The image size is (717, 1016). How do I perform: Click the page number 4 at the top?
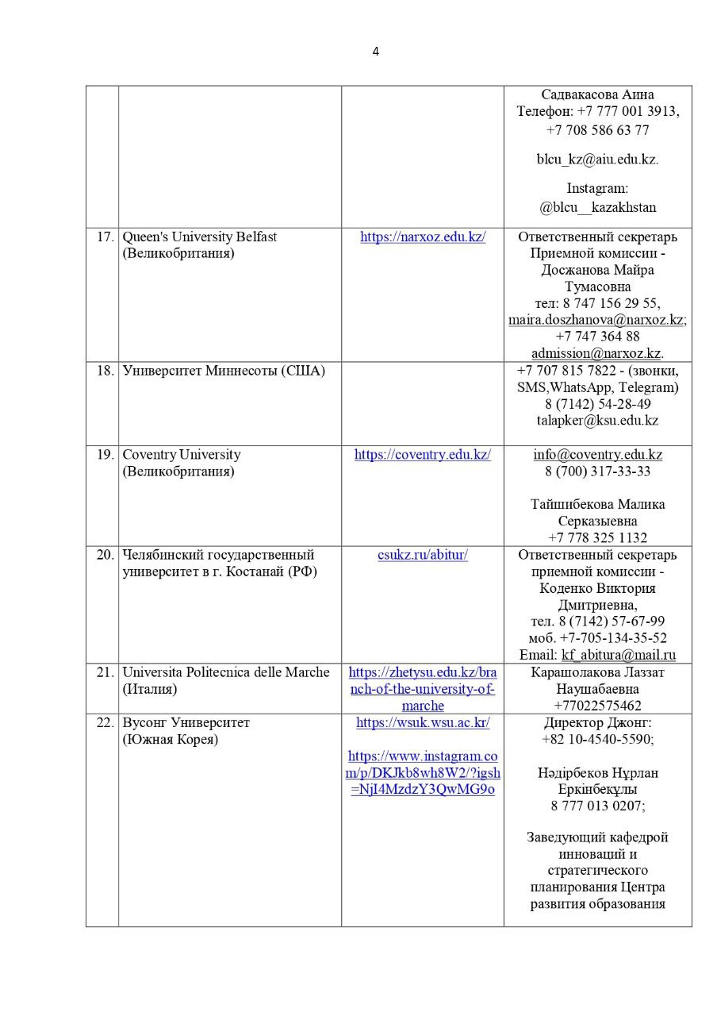(x=375, y=52)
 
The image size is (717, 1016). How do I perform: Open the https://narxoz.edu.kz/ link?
(x=423, y=237)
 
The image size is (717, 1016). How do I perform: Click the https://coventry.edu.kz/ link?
(x=423, y=455)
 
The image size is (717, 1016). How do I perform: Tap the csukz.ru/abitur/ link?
(x=423, y=555)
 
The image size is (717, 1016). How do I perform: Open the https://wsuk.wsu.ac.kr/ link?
(x=423, y=722)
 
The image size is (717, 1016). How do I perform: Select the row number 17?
(x=105, y=237)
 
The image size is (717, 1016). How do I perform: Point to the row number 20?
(x=105, y=555)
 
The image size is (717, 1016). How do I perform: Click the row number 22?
(x=105, y=722)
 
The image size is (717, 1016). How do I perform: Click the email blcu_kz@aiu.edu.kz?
(x=597, y=159)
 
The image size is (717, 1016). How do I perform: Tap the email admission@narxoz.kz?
(x=596, y=353)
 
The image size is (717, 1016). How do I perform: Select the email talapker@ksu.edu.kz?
(x=597, y=421)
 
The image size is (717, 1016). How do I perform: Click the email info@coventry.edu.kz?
(x=597, y=455)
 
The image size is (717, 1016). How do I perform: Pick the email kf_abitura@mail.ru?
(x=619, y=655)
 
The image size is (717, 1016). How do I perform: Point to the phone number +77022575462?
(x=597, y=706)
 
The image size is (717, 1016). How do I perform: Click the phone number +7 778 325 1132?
(x=597, y=537)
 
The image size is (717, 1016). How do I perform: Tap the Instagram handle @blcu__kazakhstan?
(x=597, y=207)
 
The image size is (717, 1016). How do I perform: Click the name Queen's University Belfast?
(x=199, y=237)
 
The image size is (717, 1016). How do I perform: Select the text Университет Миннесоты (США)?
(x=224, y=371)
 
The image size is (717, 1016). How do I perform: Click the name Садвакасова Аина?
(x=597, y=94)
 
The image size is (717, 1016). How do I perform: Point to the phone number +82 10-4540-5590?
(x=597, y=739)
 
